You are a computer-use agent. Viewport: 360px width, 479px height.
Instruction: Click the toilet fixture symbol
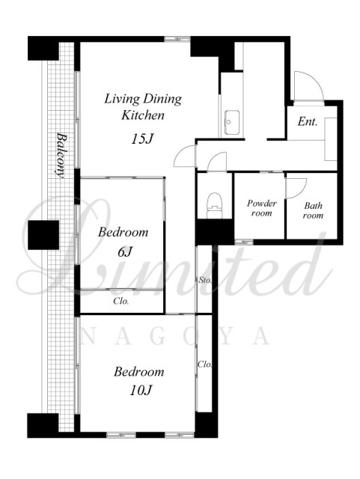pos(214,205)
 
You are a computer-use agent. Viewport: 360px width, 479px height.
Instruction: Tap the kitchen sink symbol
pos(232,122)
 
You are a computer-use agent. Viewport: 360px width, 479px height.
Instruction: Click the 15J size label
pos(142,139)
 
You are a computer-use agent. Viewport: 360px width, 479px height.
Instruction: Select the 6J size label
pos(125,251)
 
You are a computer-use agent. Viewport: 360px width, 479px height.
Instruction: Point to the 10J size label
pos(141,390)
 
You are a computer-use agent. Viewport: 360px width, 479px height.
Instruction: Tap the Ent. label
pos(308,122)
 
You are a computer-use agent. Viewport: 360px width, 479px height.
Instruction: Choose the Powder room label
pos(262,208)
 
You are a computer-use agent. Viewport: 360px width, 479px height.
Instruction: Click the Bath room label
pos(314,210)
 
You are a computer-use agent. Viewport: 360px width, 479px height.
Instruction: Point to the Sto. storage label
pos(205,280)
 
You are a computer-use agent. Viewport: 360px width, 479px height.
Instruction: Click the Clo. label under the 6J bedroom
pos(121,301)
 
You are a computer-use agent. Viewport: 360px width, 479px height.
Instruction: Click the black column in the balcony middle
pos(43,234)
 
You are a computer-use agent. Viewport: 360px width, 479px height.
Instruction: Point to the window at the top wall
pos(177,39)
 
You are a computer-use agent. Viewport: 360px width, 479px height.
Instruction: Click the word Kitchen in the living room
pos(143,115)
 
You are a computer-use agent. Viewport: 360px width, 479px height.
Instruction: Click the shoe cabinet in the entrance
pos(331,138)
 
